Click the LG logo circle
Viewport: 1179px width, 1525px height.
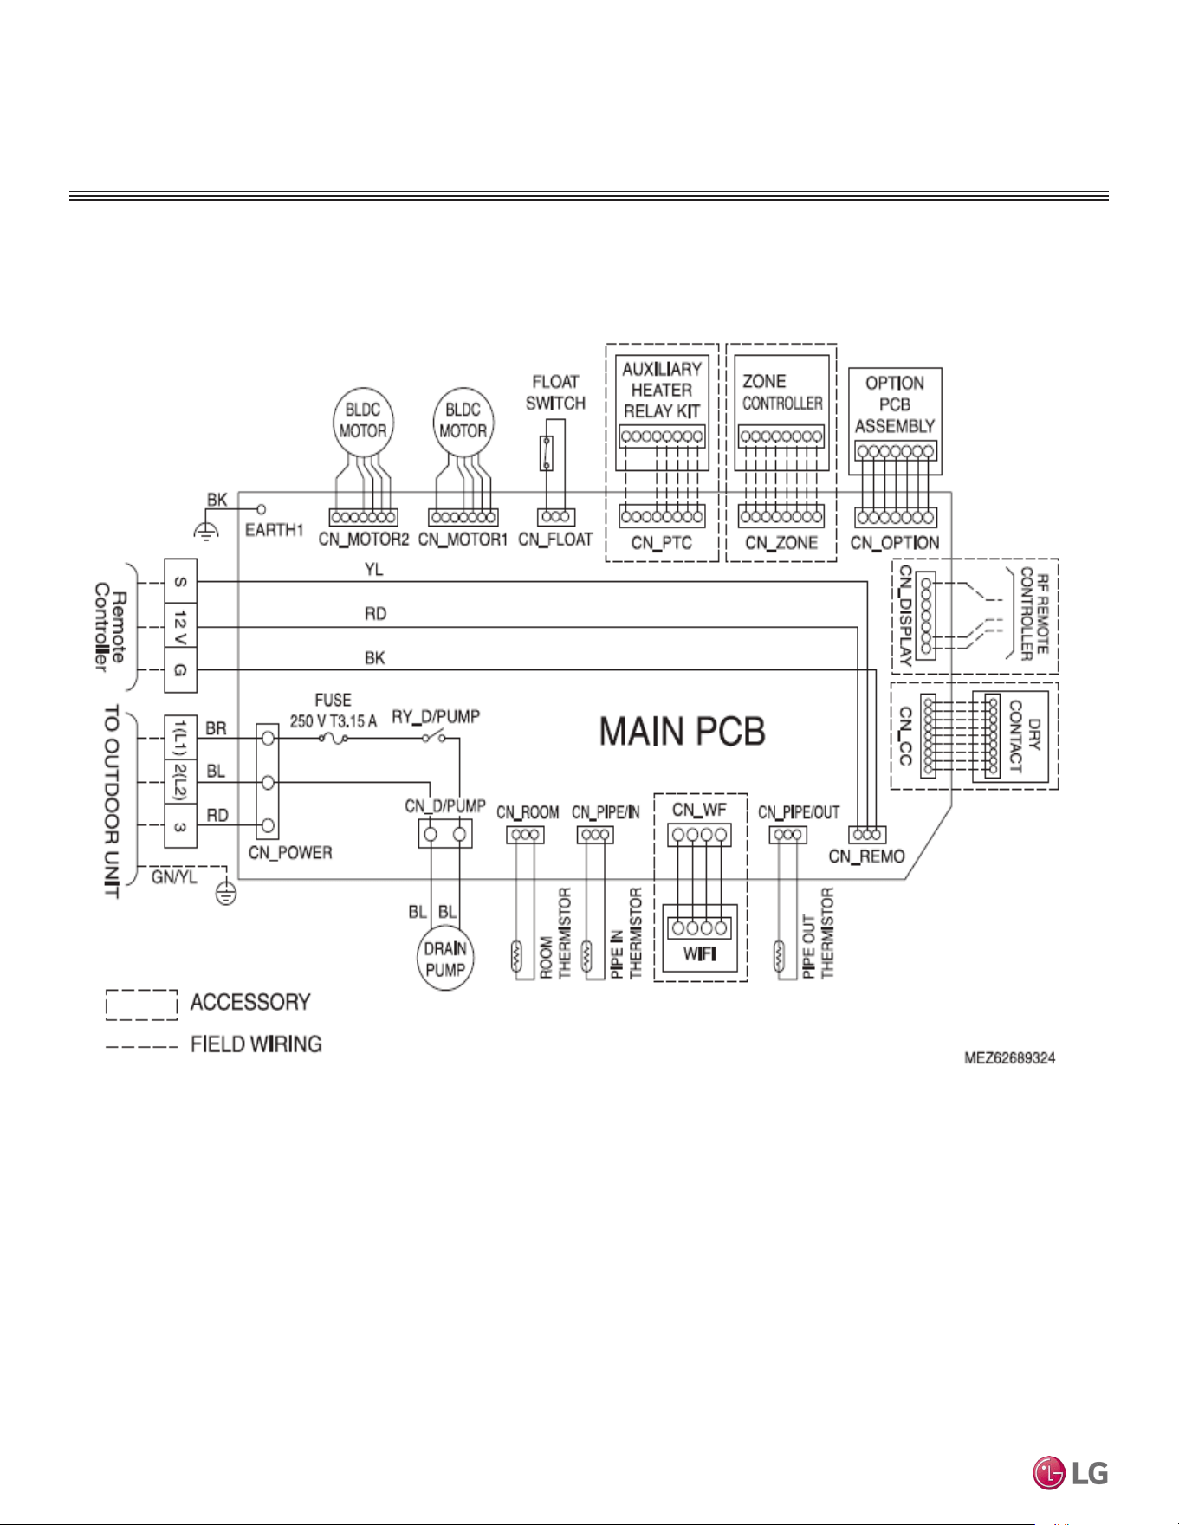coord(1048,1473)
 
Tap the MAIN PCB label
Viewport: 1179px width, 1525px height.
coord(683,732)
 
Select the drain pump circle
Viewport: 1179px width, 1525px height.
coord(445,960)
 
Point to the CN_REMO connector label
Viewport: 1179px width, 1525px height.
coord(866,856)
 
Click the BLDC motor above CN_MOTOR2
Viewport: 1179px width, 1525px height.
coord(363,421)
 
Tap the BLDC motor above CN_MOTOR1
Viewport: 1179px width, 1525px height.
coord(463,421)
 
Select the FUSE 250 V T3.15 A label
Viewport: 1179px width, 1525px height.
coord(334,710)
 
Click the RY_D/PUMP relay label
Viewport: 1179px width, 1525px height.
coord(436,717)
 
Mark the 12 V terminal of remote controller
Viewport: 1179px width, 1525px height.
coord(181,627)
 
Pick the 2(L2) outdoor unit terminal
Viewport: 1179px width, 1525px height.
coord(181,782)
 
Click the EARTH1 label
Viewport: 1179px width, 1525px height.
coord(275,530)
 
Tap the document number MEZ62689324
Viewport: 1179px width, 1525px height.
coord(1010,1058)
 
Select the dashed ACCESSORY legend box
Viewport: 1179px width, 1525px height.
coord(141,1005)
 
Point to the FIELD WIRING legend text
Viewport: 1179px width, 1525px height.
coord(256,1044)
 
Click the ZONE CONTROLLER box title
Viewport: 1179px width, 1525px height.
coord(782,392)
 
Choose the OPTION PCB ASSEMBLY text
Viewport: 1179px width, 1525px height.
coord(895,404)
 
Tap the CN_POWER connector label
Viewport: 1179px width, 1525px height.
coord(290,853)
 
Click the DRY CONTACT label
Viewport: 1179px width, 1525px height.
coord(1025,736)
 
